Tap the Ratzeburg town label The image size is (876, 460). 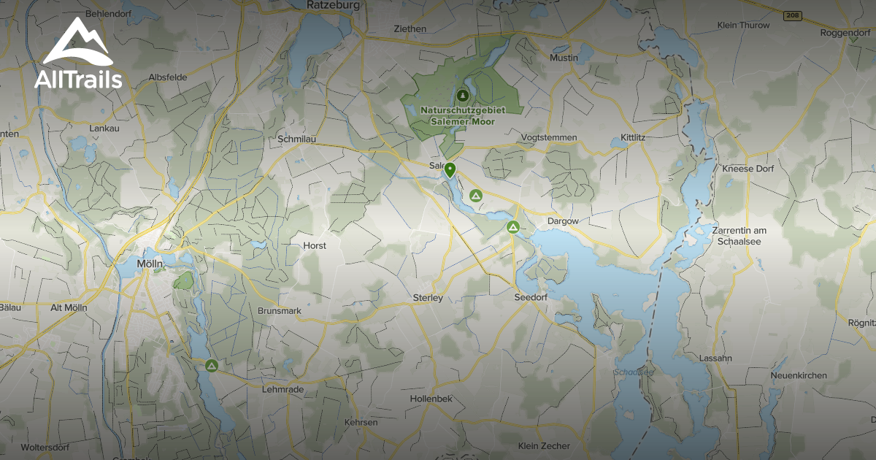click(x=334, y=5)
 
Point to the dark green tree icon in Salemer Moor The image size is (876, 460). click(x=462, y=95)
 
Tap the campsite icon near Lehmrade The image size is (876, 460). click(x=212, y=365)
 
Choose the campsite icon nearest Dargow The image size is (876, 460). click(x=513, y=228)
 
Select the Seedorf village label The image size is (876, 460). click(x=531, y=298)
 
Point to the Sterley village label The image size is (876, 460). click(x=428, y=298)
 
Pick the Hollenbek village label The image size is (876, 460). click(x=431, y=399)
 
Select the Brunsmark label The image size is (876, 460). click(x=280, y=310)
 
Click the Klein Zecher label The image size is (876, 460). click(x=543, y=446)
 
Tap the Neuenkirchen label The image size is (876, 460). click(x=799, y=375)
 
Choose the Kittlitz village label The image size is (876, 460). click(x=633, y=137)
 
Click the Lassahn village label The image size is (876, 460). click(x=715, y=359)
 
